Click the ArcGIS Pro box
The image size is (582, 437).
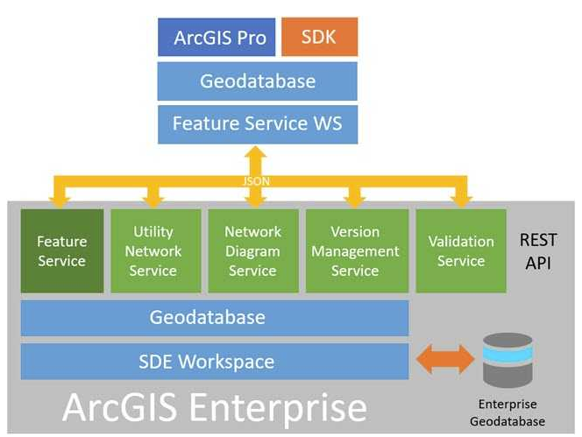(216, 38)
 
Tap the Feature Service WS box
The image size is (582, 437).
(257, 123)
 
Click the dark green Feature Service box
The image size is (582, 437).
(61, 250)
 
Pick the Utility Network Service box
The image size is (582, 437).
(153, 250)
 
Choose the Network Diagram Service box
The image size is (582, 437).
(252, 250)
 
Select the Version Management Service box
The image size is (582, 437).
(354, 250)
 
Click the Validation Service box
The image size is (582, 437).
(461, 250)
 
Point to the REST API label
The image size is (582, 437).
(536, 250)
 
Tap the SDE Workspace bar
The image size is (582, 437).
(214, 361)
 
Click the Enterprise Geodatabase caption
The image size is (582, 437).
(512, 412)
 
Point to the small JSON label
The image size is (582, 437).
(255, 181)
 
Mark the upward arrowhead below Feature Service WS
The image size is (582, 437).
(255, 155)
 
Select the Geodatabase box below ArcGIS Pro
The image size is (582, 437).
(257, 81)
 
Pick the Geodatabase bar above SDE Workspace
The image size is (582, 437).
(214, 318)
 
